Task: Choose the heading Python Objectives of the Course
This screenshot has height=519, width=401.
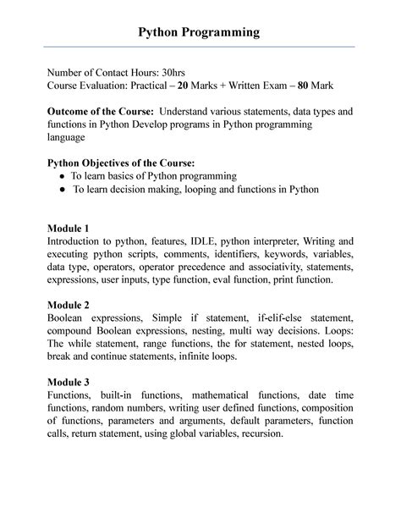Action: pos(121,163)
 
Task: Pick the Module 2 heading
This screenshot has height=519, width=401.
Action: pos(69,305)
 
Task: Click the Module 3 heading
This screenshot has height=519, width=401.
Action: pos(69,382)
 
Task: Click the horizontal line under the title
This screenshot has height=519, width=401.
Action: pos(200,47)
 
